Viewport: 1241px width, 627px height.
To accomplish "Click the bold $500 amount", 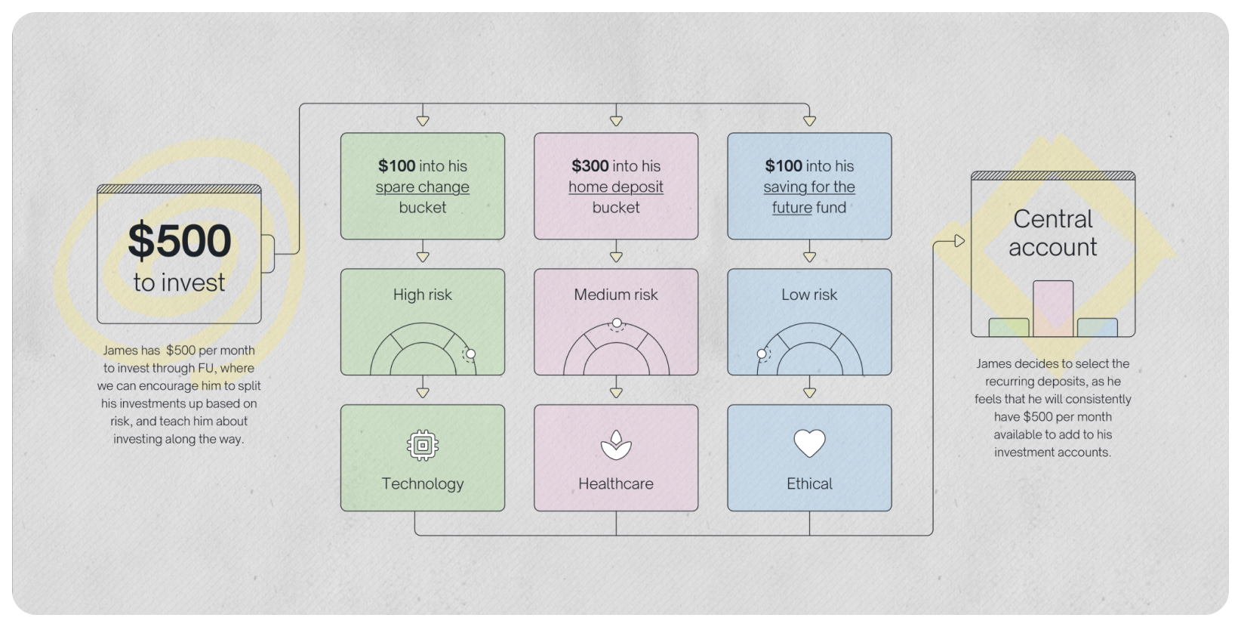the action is click(x=179, y=240).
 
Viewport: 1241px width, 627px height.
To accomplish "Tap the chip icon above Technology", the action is click(x=423, y=445).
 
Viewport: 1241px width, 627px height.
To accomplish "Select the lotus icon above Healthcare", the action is click(x=616, y=445).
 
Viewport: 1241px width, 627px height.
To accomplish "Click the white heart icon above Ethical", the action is click(x=809, y=443).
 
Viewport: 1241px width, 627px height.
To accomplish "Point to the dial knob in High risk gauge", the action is click(x=470, y=354).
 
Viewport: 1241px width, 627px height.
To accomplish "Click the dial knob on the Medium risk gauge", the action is click(x=617, y=323).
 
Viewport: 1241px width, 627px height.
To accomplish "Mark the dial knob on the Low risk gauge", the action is click(x=762, y=354).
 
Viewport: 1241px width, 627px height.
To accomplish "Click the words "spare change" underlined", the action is click(x=422, y=187).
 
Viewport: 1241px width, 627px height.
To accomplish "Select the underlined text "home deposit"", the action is click(x=615, y=187).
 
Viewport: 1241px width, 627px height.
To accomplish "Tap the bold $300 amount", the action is click(x=590, y=165).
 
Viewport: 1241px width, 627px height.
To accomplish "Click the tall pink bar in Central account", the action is click(x=1053, y=309).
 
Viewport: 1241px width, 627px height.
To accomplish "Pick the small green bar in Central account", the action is click(x=1009, y=328).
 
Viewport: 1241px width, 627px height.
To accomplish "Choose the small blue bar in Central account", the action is click(x=1098, y=328).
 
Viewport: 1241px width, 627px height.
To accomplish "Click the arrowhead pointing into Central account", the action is click(x=960, y=241).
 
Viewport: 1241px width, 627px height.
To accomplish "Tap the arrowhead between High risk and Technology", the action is click(x=423, y=393).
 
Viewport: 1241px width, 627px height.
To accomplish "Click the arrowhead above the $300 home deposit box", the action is click(x=616, y=121).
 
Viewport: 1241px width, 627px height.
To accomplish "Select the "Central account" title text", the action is click(x=1052, y=233).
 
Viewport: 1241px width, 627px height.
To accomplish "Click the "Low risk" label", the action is click(x=809, y=295).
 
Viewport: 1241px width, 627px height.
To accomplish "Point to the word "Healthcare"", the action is click(x=616, y=483).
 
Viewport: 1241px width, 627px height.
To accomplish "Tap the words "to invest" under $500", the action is click(x=179, y=283).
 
